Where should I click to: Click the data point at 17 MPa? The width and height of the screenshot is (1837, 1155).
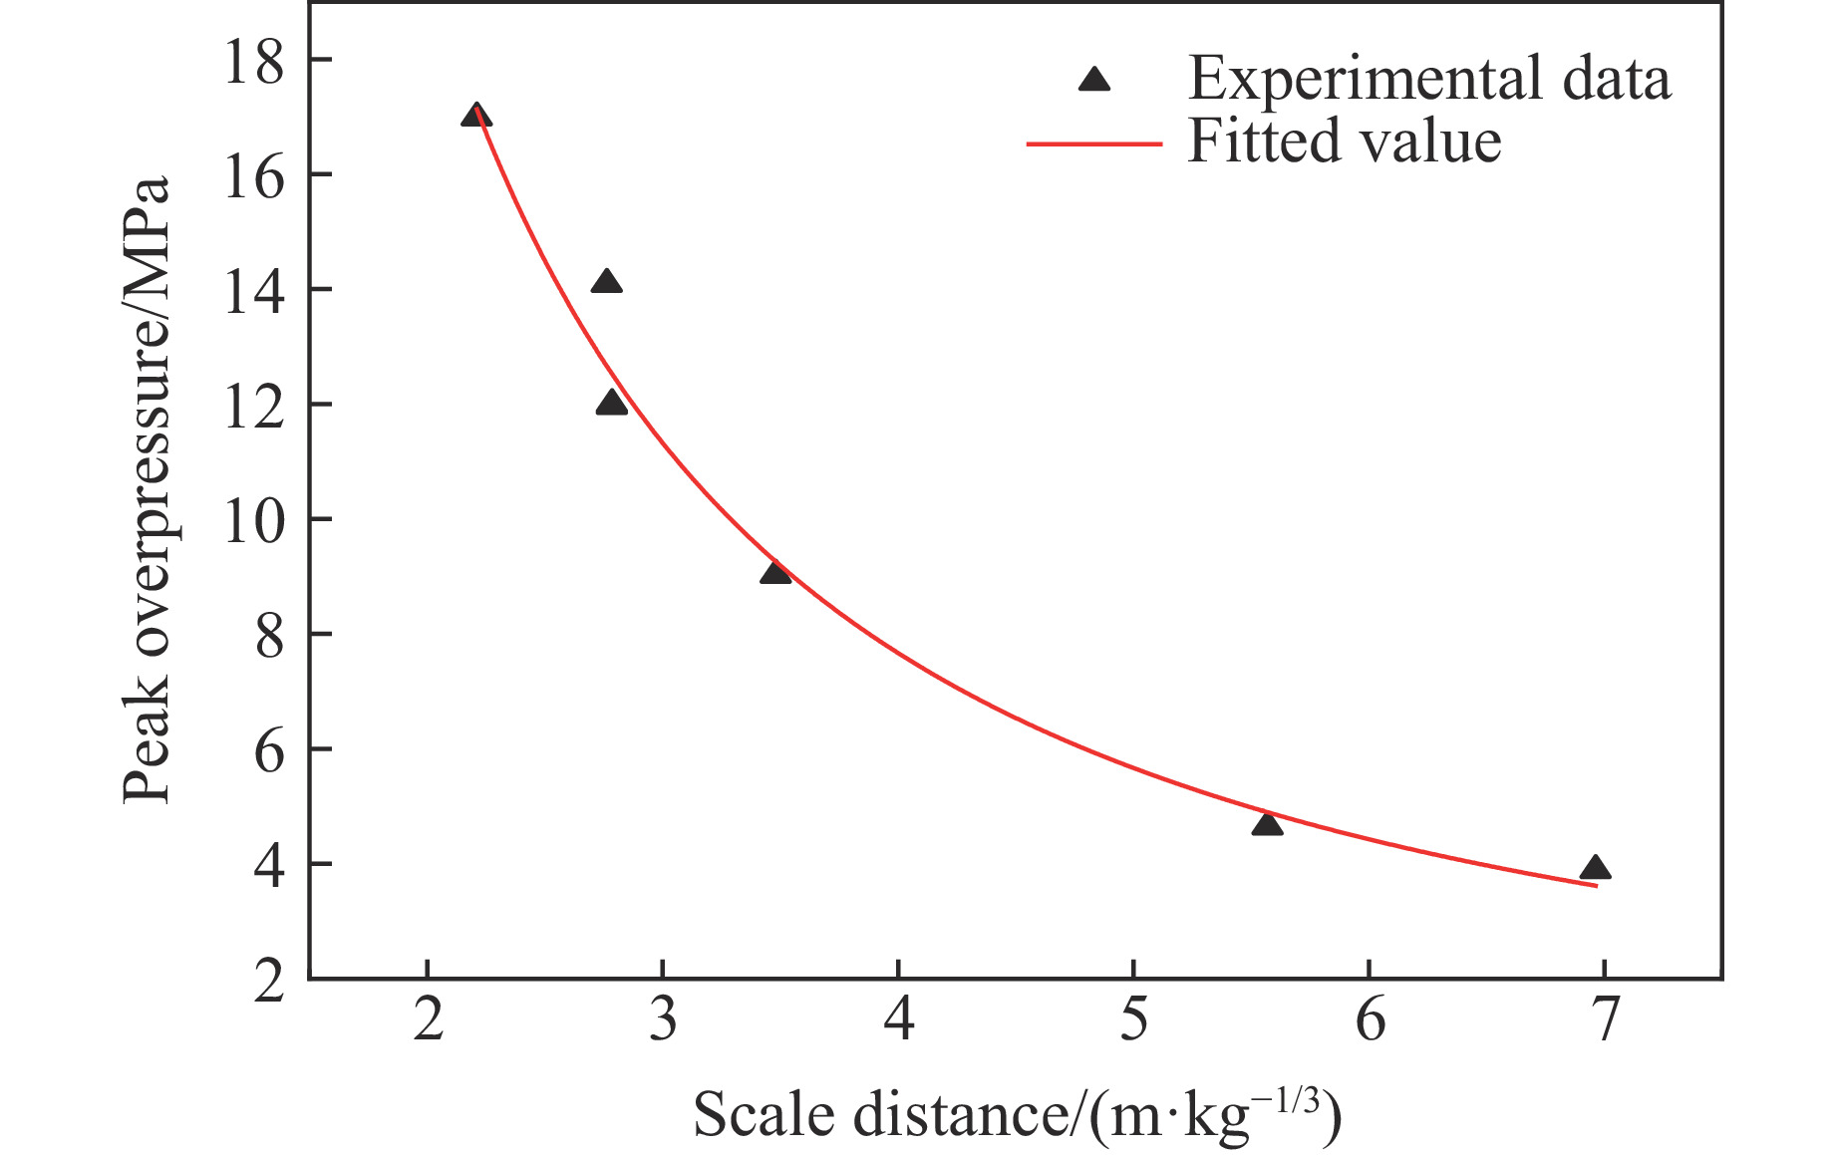tap(476, 116)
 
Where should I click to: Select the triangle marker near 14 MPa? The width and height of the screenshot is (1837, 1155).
tap(606, 283)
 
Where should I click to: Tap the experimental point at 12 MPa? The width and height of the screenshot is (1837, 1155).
tap(612, 404)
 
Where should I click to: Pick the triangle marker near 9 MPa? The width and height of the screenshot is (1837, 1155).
tap(774, 573)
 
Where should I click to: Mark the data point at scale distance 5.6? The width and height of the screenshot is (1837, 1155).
tap(1267, 824)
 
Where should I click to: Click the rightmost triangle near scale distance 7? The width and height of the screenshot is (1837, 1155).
tap(1595, 868)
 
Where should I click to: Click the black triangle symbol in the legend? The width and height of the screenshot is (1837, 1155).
tap(1094, 80)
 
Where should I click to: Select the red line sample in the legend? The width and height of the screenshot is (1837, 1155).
tap(1094, 144)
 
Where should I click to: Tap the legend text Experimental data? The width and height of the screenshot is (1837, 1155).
tap(1428, 79)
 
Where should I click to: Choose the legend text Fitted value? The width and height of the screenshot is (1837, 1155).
tap(1345, 142)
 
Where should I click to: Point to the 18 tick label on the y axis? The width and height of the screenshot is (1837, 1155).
tap(253, 62)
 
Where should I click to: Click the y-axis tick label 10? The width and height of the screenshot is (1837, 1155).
tap(253, 520)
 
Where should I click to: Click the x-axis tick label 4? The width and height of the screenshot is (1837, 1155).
tap(899, 1021)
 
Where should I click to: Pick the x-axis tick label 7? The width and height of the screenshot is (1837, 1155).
tap(1604, 1021)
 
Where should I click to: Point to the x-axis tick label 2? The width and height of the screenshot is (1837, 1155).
tap(428, 1021)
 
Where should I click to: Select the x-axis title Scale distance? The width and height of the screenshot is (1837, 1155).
tap(1017, 1115)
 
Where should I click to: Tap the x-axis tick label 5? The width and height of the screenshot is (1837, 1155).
tap(1134, 1021)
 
